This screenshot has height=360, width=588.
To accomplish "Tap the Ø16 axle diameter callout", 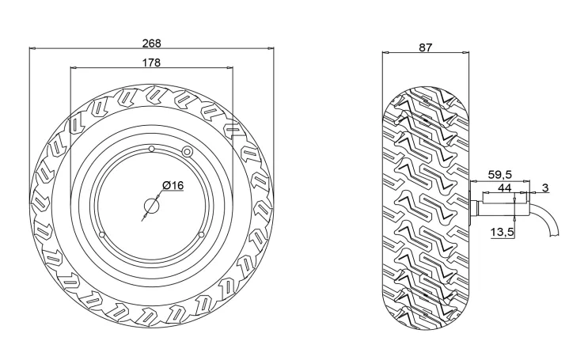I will point(173,185).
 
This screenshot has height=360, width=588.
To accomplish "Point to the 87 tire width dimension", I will point(425,47).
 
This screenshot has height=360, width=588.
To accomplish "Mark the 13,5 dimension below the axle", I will point(502,231).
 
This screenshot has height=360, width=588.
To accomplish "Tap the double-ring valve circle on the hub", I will point(188,151).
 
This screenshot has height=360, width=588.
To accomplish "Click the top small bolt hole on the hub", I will point(151,149).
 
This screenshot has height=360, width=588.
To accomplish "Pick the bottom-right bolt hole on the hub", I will point(201,235).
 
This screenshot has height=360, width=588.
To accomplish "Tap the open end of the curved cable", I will point(555,234).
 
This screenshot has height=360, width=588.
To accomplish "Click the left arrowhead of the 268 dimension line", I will point(32,48).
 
